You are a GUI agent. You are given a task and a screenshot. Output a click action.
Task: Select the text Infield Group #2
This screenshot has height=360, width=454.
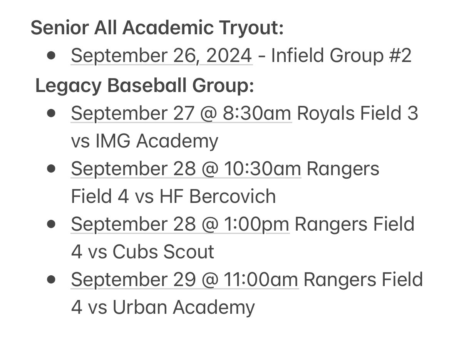(x=341, y=56)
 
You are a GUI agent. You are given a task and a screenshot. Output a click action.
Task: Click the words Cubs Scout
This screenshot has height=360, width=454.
(x=163, y=252)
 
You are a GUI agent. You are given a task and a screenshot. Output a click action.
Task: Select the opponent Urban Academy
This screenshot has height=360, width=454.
(x=184, y=307)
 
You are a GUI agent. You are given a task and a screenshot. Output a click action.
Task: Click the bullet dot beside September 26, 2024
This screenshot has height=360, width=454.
(x=50, y=56)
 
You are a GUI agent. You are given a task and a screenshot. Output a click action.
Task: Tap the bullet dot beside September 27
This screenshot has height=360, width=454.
(x=50, y=114)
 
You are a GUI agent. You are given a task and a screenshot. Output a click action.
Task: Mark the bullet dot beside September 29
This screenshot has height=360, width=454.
(x=50, y=280)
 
